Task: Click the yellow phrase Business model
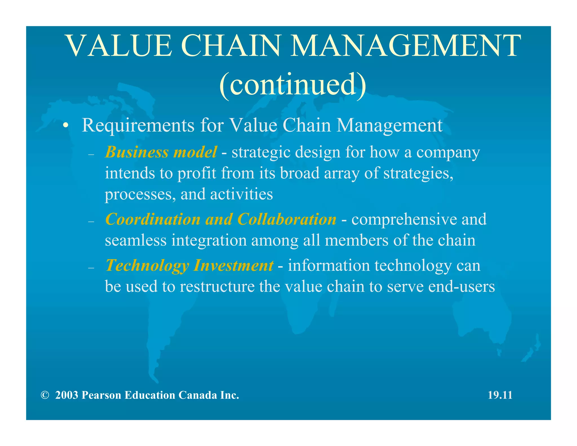tap(161, 152)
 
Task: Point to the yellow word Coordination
tap(152, 219)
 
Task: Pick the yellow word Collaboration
tap(287, 219)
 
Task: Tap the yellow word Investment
tap(234, 266)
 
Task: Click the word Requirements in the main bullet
tap(138, 125)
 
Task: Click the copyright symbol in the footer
tap(45, 395)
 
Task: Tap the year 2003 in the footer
tap(66, 395)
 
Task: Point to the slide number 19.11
tap(500, 395)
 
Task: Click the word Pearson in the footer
tap(101, 395)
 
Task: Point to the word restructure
tap(217, 287)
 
